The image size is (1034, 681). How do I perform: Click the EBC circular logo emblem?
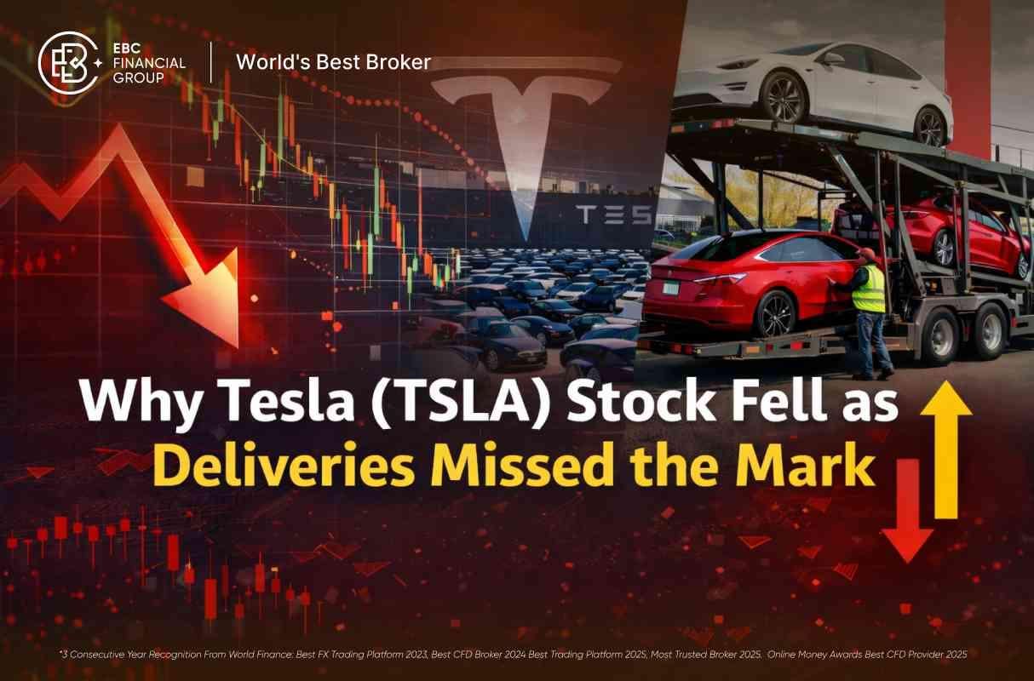click(68, 62)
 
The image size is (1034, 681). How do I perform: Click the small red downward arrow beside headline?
click(906, 511)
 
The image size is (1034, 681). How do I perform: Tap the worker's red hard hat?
click(866, 255)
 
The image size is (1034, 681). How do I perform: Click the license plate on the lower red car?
click(671, 288)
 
